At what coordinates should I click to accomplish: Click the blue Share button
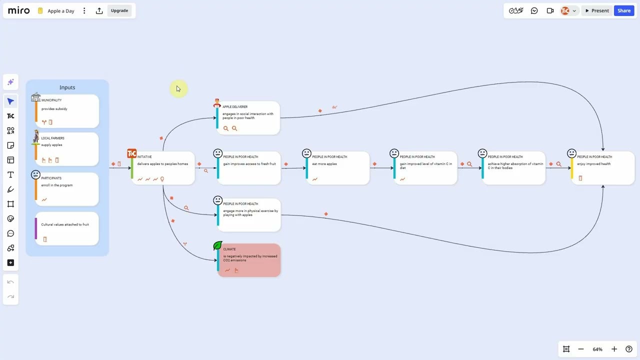(x=623, y=10)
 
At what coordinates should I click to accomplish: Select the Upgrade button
(x=119, y=10)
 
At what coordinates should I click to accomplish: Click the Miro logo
(x=19, y=10)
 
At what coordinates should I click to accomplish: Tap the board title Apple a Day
(x=61, y=11)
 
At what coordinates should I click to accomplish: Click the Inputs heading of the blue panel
(x=67, y=87)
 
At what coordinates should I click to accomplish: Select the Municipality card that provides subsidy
(x=67, y=111)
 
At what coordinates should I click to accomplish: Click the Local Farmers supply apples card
(x=67, y=148)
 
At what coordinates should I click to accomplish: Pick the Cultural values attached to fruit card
(x=67, y=228)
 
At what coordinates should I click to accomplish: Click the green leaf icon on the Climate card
(x=217, y=245)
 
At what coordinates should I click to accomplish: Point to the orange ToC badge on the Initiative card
(x=132, y=153)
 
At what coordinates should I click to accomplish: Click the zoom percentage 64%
(x=597, y=349)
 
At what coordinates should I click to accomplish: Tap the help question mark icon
(x=629, y=349)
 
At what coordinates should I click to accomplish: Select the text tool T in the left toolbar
(x=10, y=174)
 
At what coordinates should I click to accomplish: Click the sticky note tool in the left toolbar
(x=10, y=145)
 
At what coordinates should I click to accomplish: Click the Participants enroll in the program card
(x=67, y=189)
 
